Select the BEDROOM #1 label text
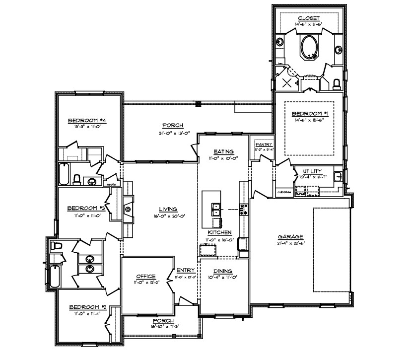point(309,113)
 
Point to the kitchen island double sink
point(215,210)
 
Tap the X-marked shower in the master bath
point(286,83)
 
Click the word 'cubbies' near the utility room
point(283,191)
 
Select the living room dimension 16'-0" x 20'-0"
point(169,216)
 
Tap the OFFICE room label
point(147,277)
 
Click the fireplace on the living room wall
point(128,209)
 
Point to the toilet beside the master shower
point(337,83)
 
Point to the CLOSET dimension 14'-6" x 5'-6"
point(309,23)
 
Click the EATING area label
point(223,151)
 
